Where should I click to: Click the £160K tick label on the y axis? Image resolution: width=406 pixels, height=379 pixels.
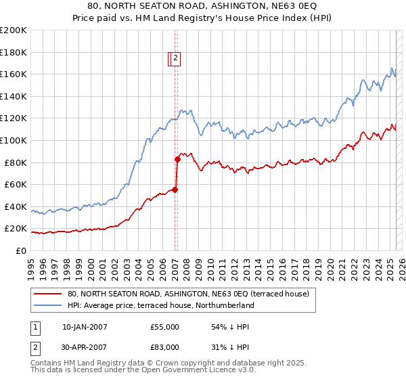point(14,74)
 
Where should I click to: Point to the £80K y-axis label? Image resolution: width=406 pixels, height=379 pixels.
point(16,162)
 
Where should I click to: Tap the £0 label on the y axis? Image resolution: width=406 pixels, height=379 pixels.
point(22,250)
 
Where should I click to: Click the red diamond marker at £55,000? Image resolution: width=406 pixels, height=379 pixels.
point(175,190)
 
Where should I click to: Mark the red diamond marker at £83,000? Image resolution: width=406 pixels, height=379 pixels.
point(177,159)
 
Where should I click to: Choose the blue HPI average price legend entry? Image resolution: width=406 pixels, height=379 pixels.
point(160,306)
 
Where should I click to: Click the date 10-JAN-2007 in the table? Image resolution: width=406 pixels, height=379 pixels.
point(85,327)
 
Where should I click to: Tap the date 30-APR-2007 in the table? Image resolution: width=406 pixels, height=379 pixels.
point(85,347)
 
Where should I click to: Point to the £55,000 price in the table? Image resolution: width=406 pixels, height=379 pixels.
point(165,327)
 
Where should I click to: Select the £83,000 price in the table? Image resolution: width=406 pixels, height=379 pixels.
point(165,347)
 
